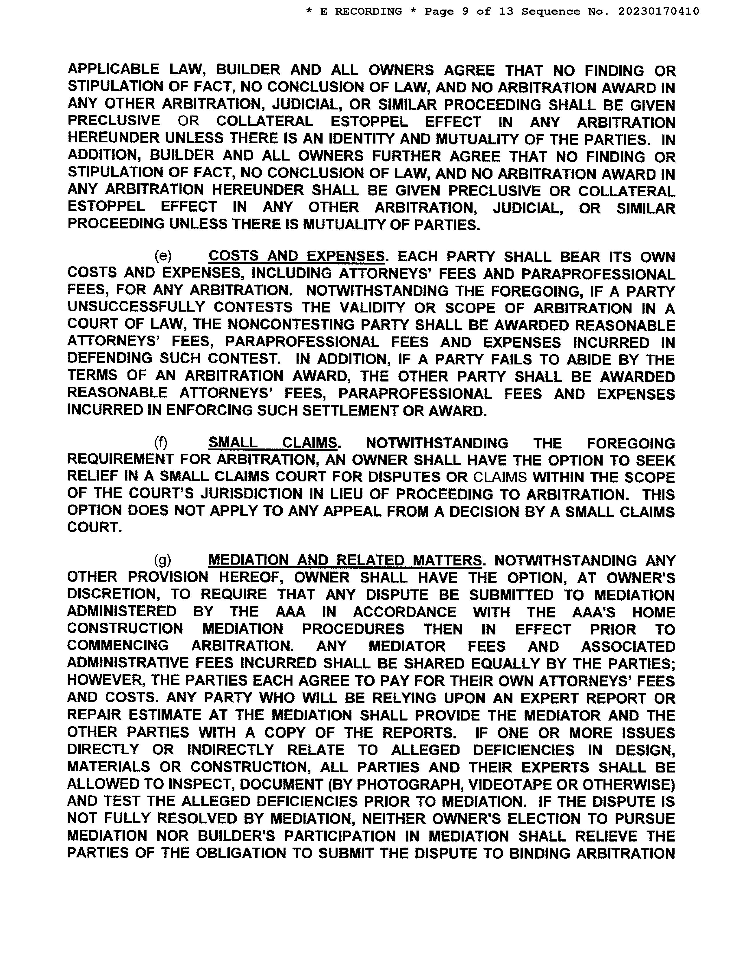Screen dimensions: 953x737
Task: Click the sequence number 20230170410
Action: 658,11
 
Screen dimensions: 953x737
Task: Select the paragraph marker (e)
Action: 163,256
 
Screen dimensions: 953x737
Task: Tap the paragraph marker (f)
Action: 161,443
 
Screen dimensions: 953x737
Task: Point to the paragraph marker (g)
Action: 162,560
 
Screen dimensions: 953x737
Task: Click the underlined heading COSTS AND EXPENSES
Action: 297,256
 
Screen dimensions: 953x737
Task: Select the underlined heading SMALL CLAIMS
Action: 273,443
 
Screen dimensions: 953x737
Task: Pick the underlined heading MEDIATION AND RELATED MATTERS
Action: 345,560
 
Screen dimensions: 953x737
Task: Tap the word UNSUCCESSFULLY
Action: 136,308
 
